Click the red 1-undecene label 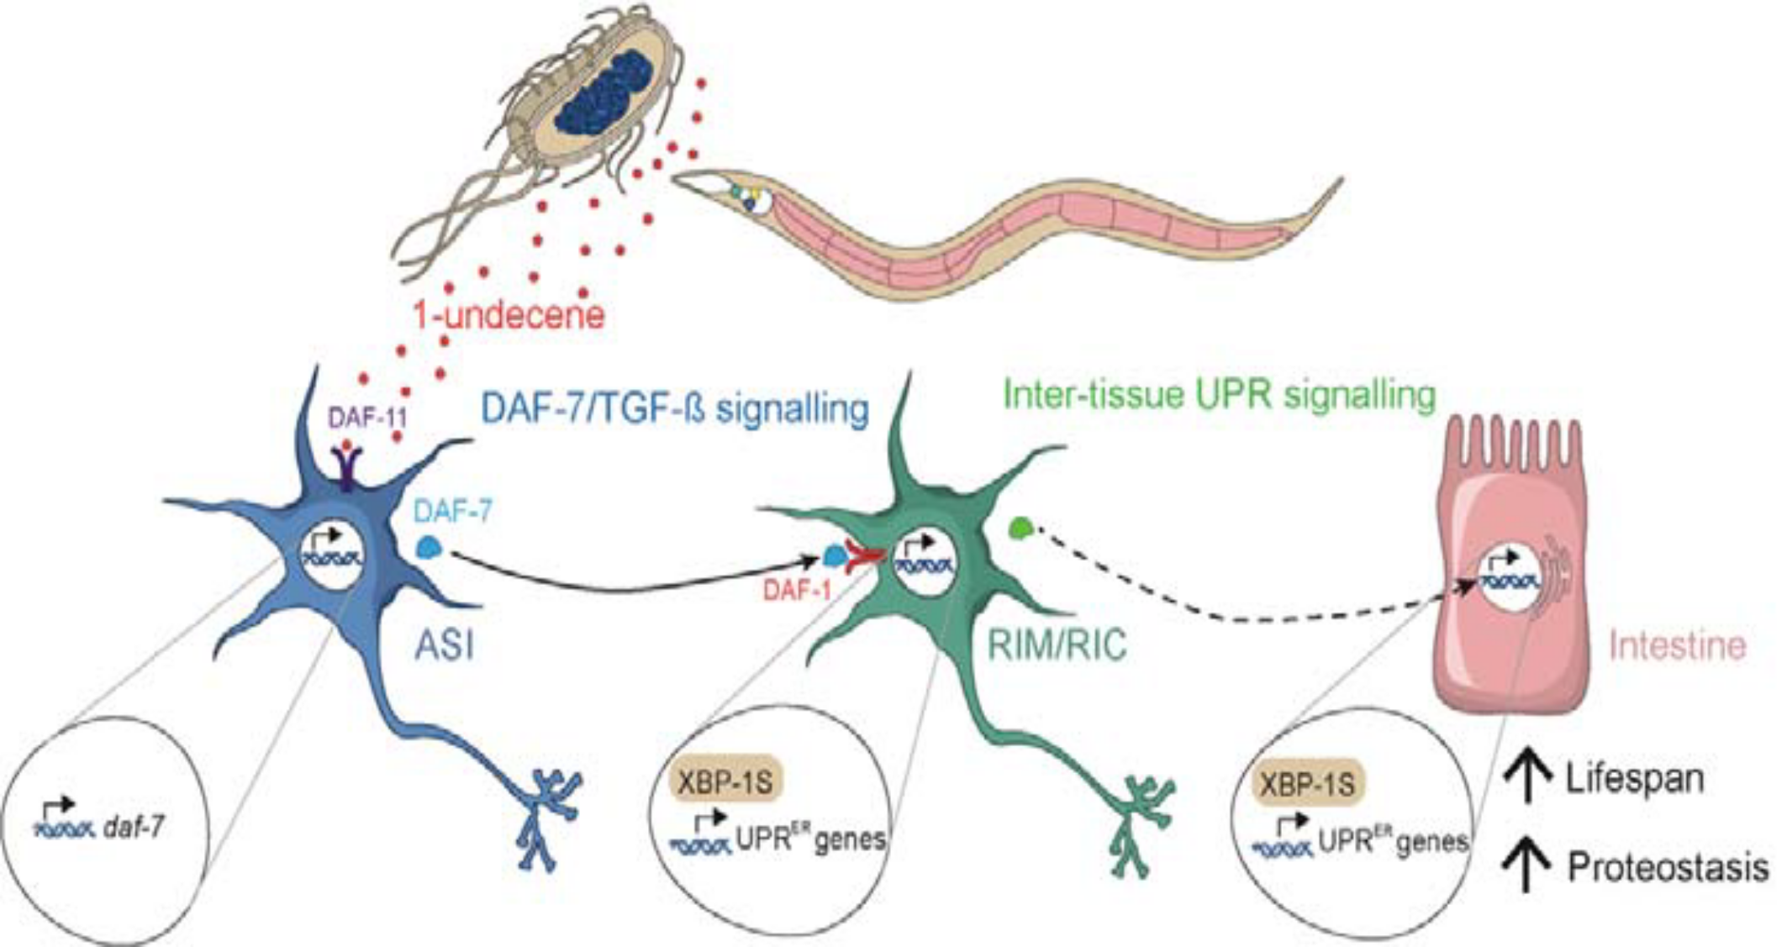509,315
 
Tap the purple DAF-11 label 366,418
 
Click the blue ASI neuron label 445,646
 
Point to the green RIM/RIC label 1057,646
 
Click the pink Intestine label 1677,646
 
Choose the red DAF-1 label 796,592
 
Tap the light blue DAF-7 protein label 453,511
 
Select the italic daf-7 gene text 134,829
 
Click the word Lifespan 1635,779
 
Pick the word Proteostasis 1668,868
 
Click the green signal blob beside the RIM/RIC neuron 1020,529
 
